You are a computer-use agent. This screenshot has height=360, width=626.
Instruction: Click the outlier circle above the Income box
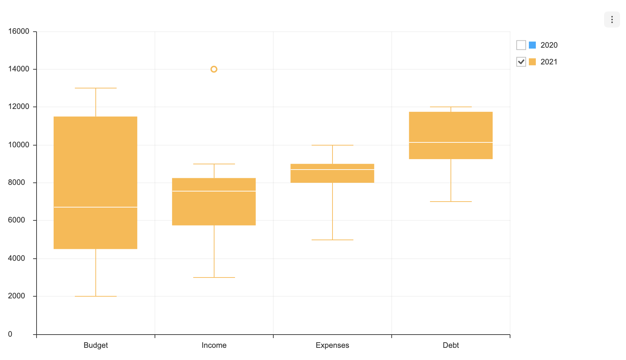point(214,69)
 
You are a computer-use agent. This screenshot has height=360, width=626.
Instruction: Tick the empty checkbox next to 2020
point(521,45)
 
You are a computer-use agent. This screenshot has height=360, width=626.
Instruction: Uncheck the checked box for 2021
point(521,62)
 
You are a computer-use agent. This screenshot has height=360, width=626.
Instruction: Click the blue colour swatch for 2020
point(532,45)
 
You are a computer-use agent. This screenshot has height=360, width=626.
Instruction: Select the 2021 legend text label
point(549,62)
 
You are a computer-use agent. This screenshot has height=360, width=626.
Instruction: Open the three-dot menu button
point(612,19)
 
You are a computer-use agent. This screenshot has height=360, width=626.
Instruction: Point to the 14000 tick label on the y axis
point(19,69)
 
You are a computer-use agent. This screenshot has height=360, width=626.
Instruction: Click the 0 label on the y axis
point(10,334)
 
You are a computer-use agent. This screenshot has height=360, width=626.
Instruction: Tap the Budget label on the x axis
point(96,345)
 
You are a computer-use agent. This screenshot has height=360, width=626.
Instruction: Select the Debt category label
point(451,345)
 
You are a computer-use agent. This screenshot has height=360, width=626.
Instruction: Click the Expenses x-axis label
point(332,345)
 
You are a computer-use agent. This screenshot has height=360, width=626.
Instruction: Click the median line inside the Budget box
point(95,207)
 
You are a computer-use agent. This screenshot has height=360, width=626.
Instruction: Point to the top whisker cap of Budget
point(96,88)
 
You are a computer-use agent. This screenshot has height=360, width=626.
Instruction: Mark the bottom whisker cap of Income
point(214,277)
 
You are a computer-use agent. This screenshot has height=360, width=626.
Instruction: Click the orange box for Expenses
point(332,177)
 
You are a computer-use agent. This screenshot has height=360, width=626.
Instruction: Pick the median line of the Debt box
point(451,142)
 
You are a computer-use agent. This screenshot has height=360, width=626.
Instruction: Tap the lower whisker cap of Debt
point(451,202)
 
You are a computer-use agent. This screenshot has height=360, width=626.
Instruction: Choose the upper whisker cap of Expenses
point(332,145)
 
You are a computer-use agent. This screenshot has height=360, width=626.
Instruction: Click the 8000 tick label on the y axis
point(17,182)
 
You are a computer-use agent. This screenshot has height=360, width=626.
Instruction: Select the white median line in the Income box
point(214,191)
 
